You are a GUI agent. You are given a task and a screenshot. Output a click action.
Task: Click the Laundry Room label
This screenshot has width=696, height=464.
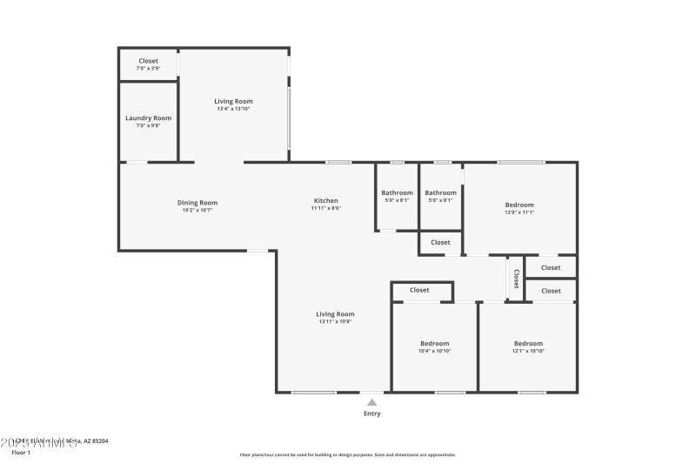click(148, 118)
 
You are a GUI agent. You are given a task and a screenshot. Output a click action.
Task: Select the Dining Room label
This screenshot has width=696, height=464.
click(197, 203)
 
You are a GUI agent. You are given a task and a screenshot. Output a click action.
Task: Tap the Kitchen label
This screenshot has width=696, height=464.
click(326, 200)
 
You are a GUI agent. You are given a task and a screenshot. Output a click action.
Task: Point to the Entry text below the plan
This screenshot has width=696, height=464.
click(371, 414)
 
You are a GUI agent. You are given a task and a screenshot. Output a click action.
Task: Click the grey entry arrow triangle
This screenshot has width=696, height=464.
click(371, 402)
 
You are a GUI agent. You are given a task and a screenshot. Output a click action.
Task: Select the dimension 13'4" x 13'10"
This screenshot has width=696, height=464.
click(233, 109)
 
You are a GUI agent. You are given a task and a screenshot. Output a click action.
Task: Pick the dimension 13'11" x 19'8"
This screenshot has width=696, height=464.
click(335, 321)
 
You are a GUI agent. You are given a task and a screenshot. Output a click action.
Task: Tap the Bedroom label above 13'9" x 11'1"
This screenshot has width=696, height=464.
click(519, 205)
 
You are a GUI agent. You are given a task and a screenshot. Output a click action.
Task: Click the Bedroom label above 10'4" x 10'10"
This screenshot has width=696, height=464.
click(434, 343)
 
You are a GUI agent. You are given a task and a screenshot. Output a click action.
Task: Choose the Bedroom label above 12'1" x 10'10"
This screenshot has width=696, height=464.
click(527, 343)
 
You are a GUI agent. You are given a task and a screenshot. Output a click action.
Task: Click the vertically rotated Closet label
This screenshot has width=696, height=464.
click(516, 279)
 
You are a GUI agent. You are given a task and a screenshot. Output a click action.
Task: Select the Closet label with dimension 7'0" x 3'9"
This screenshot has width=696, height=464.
click(148, 61)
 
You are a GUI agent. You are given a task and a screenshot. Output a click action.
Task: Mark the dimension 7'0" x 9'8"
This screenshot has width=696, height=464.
click(148, 125)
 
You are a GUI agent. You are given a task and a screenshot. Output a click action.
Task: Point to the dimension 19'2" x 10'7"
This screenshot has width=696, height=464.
click(197, 210)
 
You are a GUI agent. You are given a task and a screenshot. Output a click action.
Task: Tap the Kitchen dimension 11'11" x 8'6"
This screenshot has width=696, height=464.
click(326, 208)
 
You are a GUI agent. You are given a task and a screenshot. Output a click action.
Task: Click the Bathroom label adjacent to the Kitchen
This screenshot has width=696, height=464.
click(397, 192)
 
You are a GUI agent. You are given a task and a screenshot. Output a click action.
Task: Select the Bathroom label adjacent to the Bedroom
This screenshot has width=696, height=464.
click(440, 192)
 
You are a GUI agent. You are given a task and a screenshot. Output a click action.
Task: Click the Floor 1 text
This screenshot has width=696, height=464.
click(21, 453)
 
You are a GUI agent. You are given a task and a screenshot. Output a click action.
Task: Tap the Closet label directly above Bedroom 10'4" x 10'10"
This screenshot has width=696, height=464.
click(419, 290)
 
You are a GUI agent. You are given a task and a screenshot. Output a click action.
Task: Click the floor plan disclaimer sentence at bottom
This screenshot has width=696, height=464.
click(347, 454)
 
